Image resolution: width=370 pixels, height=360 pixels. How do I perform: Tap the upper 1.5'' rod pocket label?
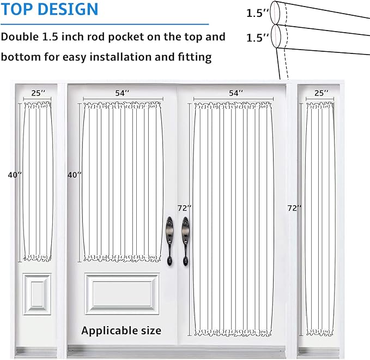tap(257, 13)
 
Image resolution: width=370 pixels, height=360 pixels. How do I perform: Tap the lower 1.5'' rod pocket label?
tap(257, 38)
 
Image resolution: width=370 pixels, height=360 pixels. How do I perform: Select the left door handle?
tap(169, 241)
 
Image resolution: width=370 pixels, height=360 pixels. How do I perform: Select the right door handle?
tap(185, 241)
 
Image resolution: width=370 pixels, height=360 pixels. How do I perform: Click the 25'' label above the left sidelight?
tap(38, 93)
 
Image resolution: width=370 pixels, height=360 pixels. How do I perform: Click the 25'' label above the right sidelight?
tap(321, 93)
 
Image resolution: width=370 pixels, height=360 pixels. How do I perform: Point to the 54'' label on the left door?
tap(122, 93)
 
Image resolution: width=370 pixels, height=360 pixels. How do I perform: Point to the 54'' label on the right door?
tap(236, 93)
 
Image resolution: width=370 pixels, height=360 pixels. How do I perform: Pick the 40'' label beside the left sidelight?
tap(15, 175)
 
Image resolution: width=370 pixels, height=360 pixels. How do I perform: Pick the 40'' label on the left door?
tap(74, 175)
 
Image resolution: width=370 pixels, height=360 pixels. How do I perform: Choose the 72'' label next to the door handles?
tap(184, 208)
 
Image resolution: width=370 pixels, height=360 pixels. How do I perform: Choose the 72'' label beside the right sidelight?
tap(294, 208)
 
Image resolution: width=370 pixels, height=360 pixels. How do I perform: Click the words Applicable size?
tap(122, 331)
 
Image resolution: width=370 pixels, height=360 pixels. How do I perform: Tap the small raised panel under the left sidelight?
tap(37, 294)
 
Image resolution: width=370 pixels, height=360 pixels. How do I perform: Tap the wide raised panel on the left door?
tap(122, 294)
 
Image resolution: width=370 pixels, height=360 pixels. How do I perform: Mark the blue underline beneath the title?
tap(105, 24)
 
